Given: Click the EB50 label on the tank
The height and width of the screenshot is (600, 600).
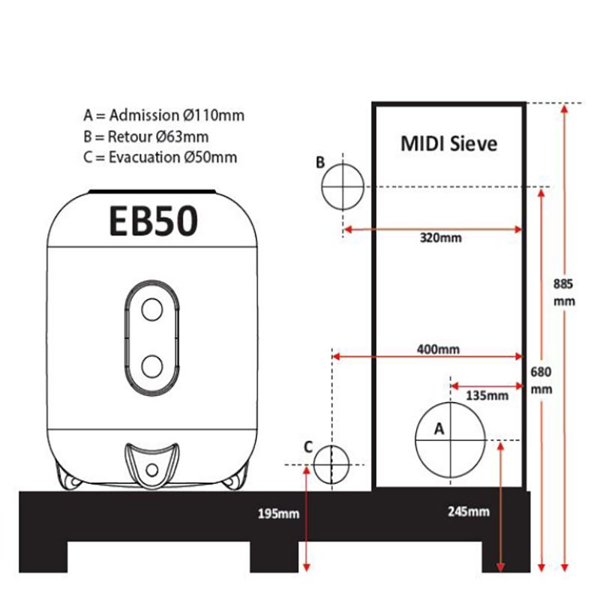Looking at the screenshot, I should pyautogui.click(x=154, y=221).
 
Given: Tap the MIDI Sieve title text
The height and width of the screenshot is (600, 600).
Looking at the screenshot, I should pyautogui.click(x=449, y=143).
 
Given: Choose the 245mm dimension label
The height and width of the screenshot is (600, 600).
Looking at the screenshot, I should pyautogui.click(x=468, y=512).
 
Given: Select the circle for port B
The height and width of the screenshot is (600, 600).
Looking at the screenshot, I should pyautogui.click(x=343, y=185).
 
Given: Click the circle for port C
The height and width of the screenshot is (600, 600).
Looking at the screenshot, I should pyautogui.click(x=331, y=464).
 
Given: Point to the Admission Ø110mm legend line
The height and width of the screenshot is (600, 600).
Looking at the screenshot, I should pyautogui.click(x=163, y=115).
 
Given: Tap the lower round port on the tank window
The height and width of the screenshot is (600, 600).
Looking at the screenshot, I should pyautogui.click(x=152, y=365).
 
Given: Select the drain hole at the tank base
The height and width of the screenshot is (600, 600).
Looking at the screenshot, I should pyautogui.click(x=152, y=469).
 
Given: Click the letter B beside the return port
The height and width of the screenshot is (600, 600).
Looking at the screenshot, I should pyautogui.click(x=320, y=162).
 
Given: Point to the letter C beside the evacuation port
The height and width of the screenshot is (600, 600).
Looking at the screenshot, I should pyautogui.click(x=308, y=446).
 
